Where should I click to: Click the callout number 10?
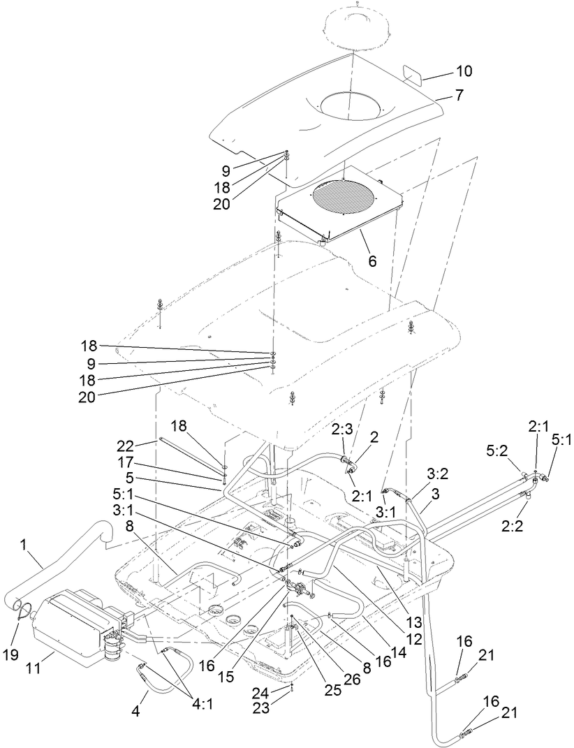[464, 71]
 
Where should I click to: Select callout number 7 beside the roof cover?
[459, 95]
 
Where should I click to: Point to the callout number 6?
[372, 261]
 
